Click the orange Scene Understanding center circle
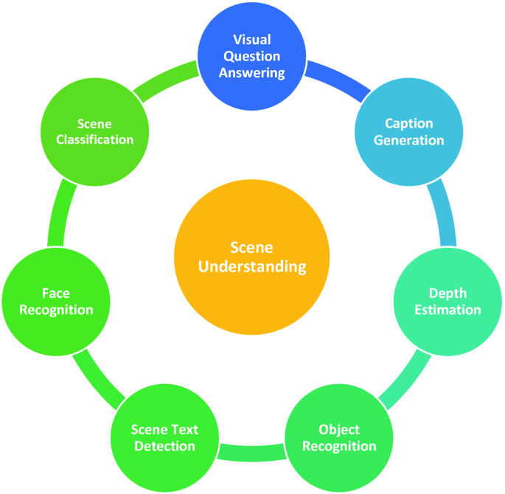252,256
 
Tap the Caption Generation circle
408,133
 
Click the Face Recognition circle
56,301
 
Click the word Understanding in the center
252,266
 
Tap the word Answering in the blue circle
252,73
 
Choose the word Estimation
447,310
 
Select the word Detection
164,446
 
